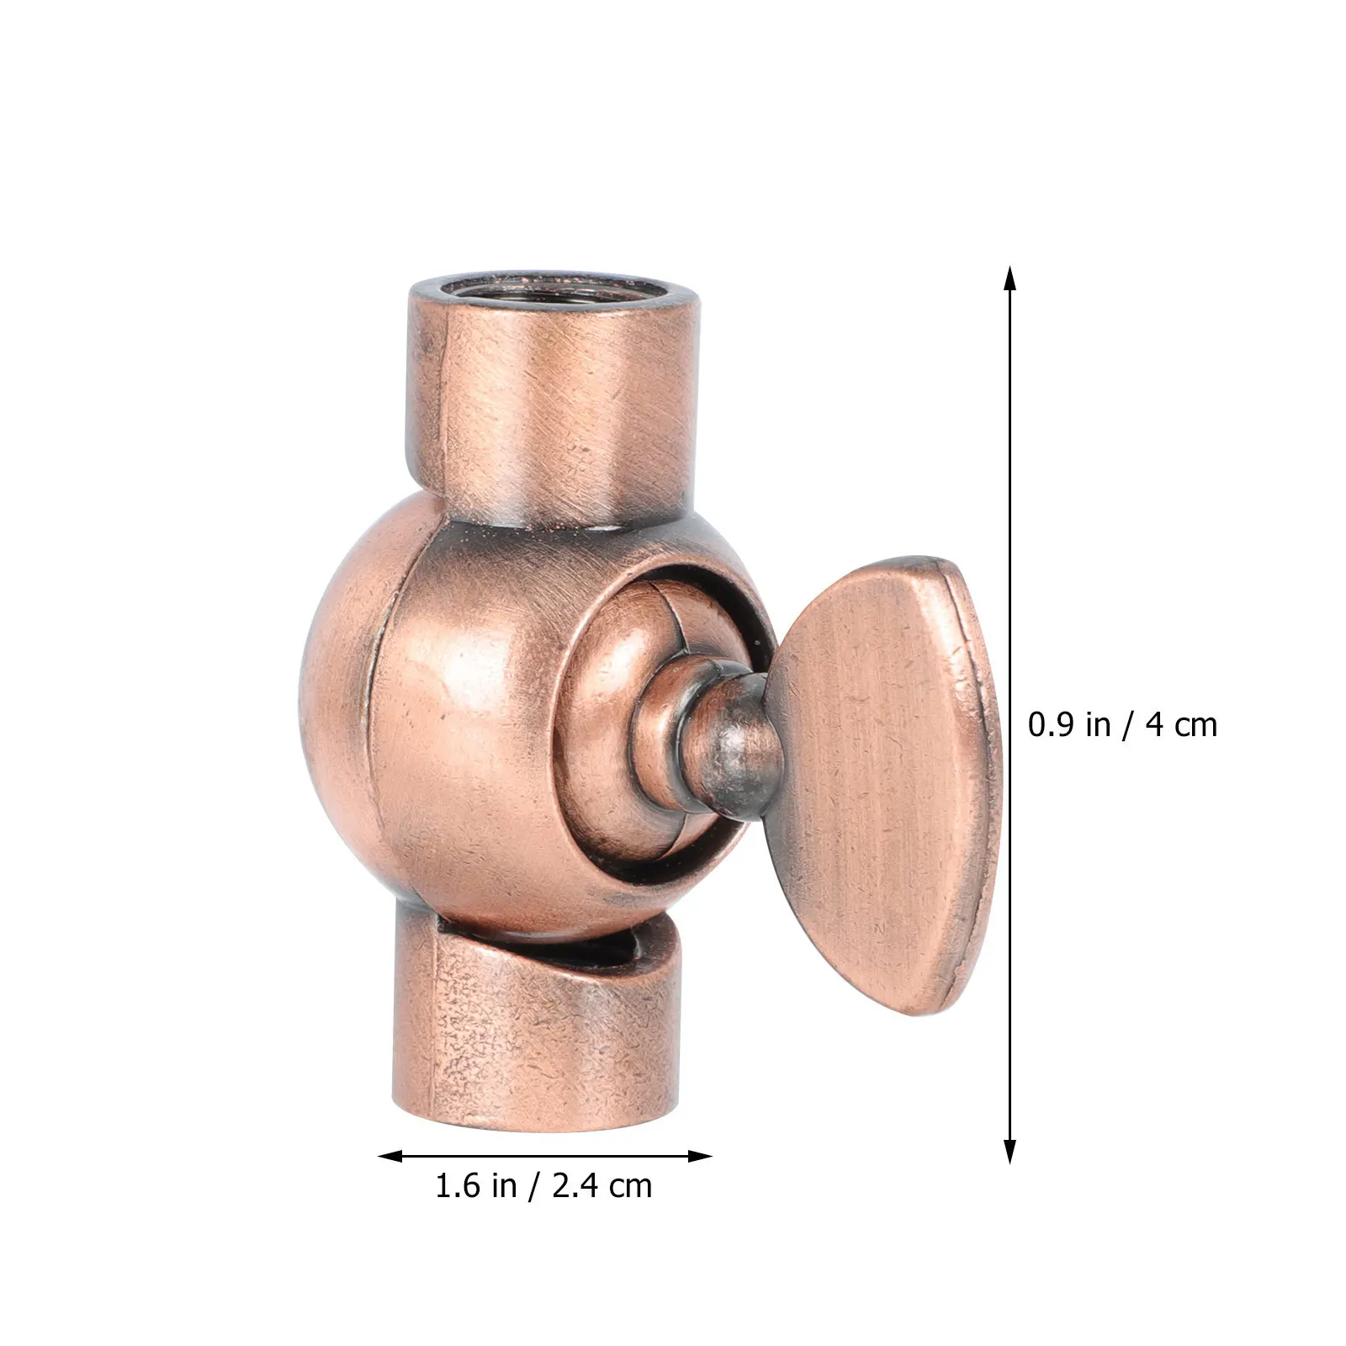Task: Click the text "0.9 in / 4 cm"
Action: pos(1122,725)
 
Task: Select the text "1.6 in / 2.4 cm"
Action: pos(543,1186)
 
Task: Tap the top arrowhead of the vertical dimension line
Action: pos(1010,278)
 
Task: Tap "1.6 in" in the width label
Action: pos(475,1186)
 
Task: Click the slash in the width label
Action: pos(533,1186)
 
